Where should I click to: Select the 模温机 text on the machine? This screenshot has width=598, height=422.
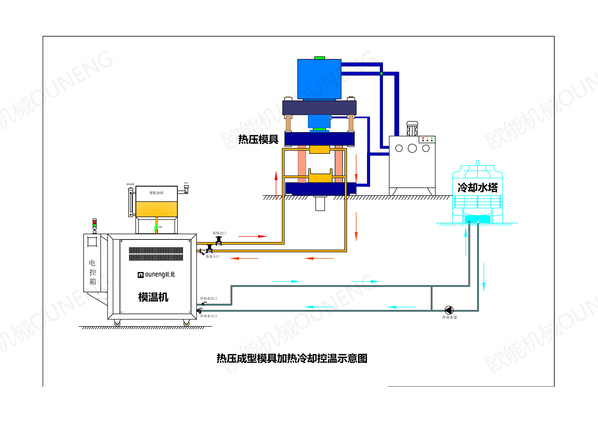(x=153, y=297)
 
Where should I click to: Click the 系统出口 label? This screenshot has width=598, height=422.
(x=219, y=233)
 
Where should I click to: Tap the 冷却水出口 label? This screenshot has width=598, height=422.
(x=208, y=298)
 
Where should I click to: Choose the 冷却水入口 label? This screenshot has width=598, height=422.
(x=208, y=316)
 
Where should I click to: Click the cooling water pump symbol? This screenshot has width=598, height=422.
(x=449, y=310)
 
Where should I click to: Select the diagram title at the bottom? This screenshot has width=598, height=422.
(x=292, y=358)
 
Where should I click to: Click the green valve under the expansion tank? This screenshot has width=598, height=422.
(x=156, y=228)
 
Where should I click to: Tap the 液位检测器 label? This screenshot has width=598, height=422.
(x=131, y=184)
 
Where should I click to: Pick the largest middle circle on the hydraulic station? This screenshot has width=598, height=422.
(x=412, y=148)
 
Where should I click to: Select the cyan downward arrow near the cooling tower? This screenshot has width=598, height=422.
(x=484, y=277)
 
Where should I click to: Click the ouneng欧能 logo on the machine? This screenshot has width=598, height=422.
(x=156, y=275)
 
